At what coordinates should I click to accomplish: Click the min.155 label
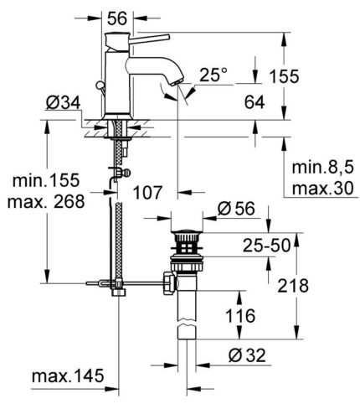43,181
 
